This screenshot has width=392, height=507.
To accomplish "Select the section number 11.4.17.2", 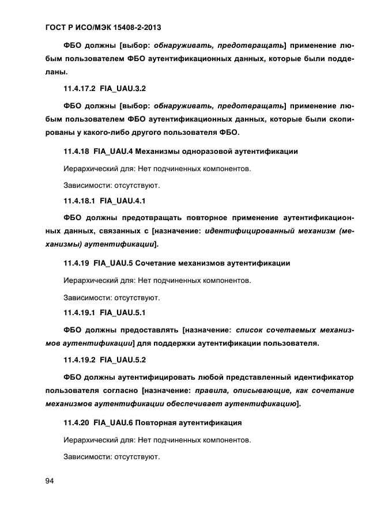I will point(78,89).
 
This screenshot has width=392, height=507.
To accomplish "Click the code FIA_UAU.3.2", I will point(123,89).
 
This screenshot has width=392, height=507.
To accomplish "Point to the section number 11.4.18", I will point(75,152).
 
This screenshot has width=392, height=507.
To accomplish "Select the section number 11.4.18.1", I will point(78,201).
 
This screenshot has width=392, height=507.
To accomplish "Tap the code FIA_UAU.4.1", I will point(123,201).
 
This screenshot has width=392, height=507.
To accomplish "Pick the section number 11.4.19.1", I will point(78,313).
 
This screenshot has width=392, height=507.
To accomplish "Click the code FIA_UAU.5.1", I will point(123,313).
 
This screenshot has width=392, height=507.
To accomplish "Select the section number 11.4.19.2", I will point(78,361).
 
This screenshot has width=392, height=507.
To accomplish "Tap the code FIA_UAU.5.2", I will point(123,361).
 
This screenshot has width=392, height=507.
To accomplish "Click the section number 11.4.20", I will point(75,423).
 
